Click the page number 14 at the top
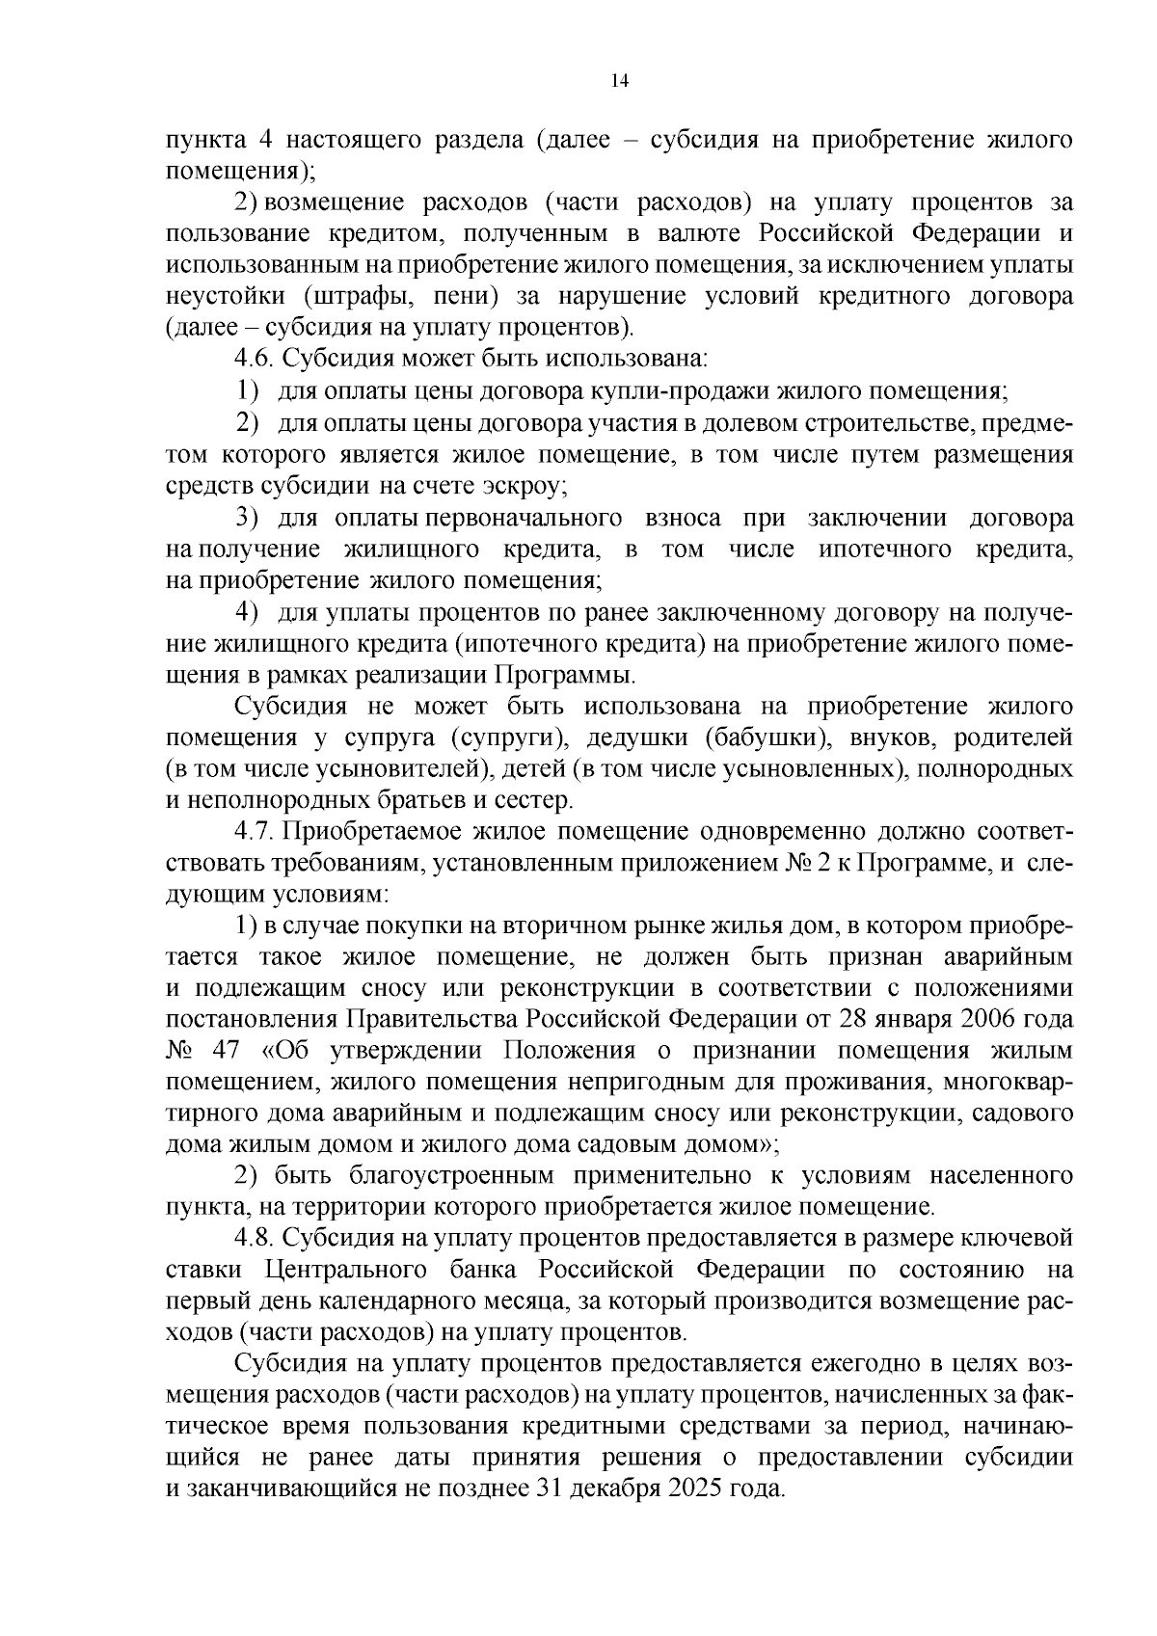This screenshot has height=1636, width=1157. pos(619,82)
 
